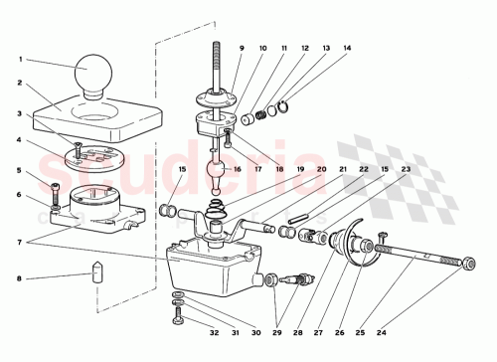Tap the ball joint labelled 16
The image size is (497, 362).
pos(217,184)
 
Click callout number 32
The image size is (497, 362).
pos(214,334)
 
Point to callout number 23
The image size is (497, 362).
pos(406,170)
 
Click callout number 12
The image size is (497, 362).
pos(304,48)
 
